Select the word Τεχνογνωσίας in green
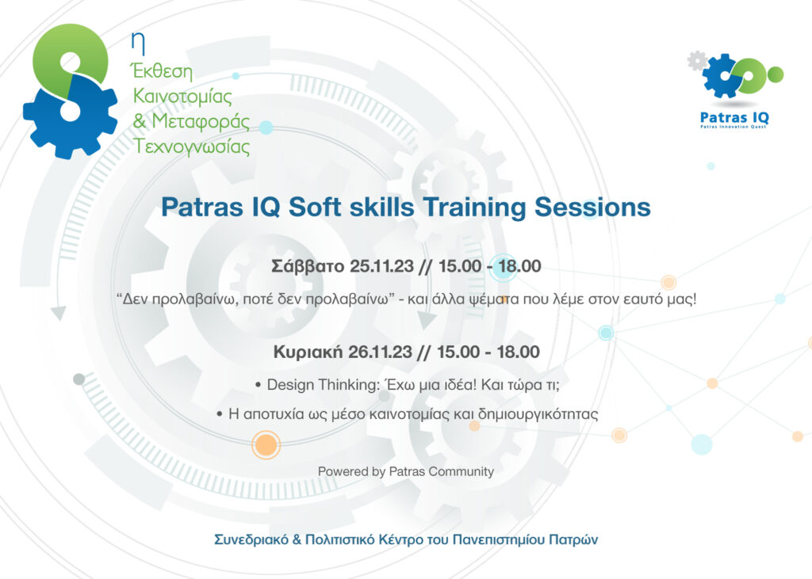(193, 147)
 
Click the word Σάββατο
(308, 267)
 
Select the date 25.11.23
(382, 267)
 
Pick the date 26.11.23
(382, 352)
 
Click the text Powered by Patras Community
(406, 471)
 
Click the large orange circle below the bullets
(266, 444)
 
